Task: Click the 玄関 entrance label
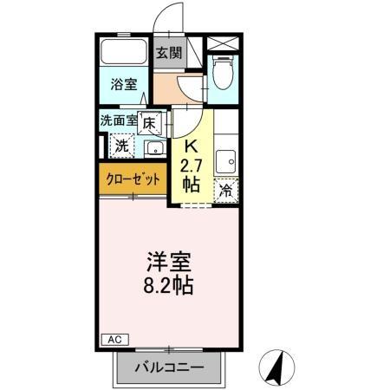tap(168, 52)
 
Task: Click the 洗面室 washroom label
tap(118, 121)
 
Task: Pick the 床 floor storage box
tap(149, 124)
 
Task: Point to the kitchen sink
tap(227, 159)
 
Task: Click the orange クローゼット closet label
tap(133, 179)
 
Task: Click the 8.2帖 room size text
tap(169, 284)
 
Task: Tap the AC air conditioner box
tap(113, 339)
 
